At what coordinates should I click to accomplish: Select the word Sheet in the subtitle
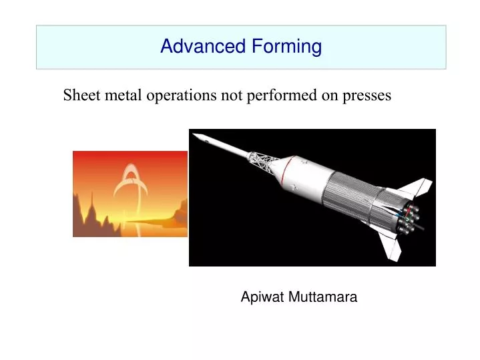[79, 96]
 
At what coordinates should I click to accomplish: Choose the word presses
[367, 96]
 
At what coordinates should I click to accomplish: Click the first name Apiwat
[263, 298]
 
